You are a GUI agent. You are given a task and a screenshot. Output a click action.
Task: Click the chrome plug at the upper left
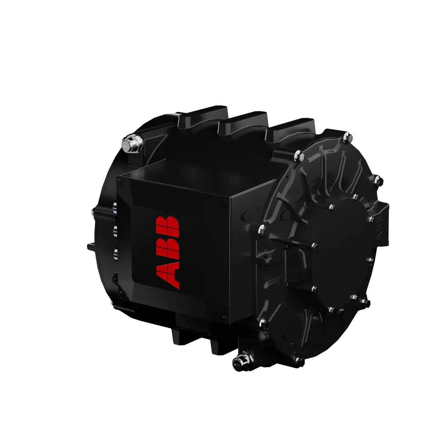[x=132, y=145]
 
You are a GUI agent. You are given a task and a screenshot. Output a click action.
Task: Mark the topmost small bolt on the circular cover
[x=355, y=197]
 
